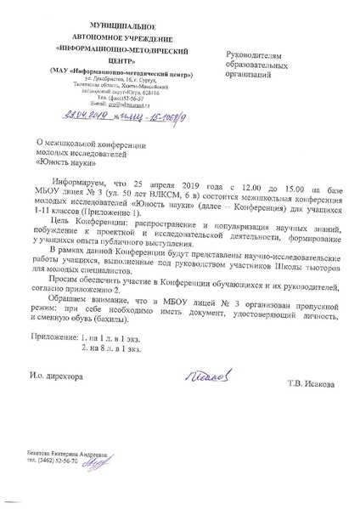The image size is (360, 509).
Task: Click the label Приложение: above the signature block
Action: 51,338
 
